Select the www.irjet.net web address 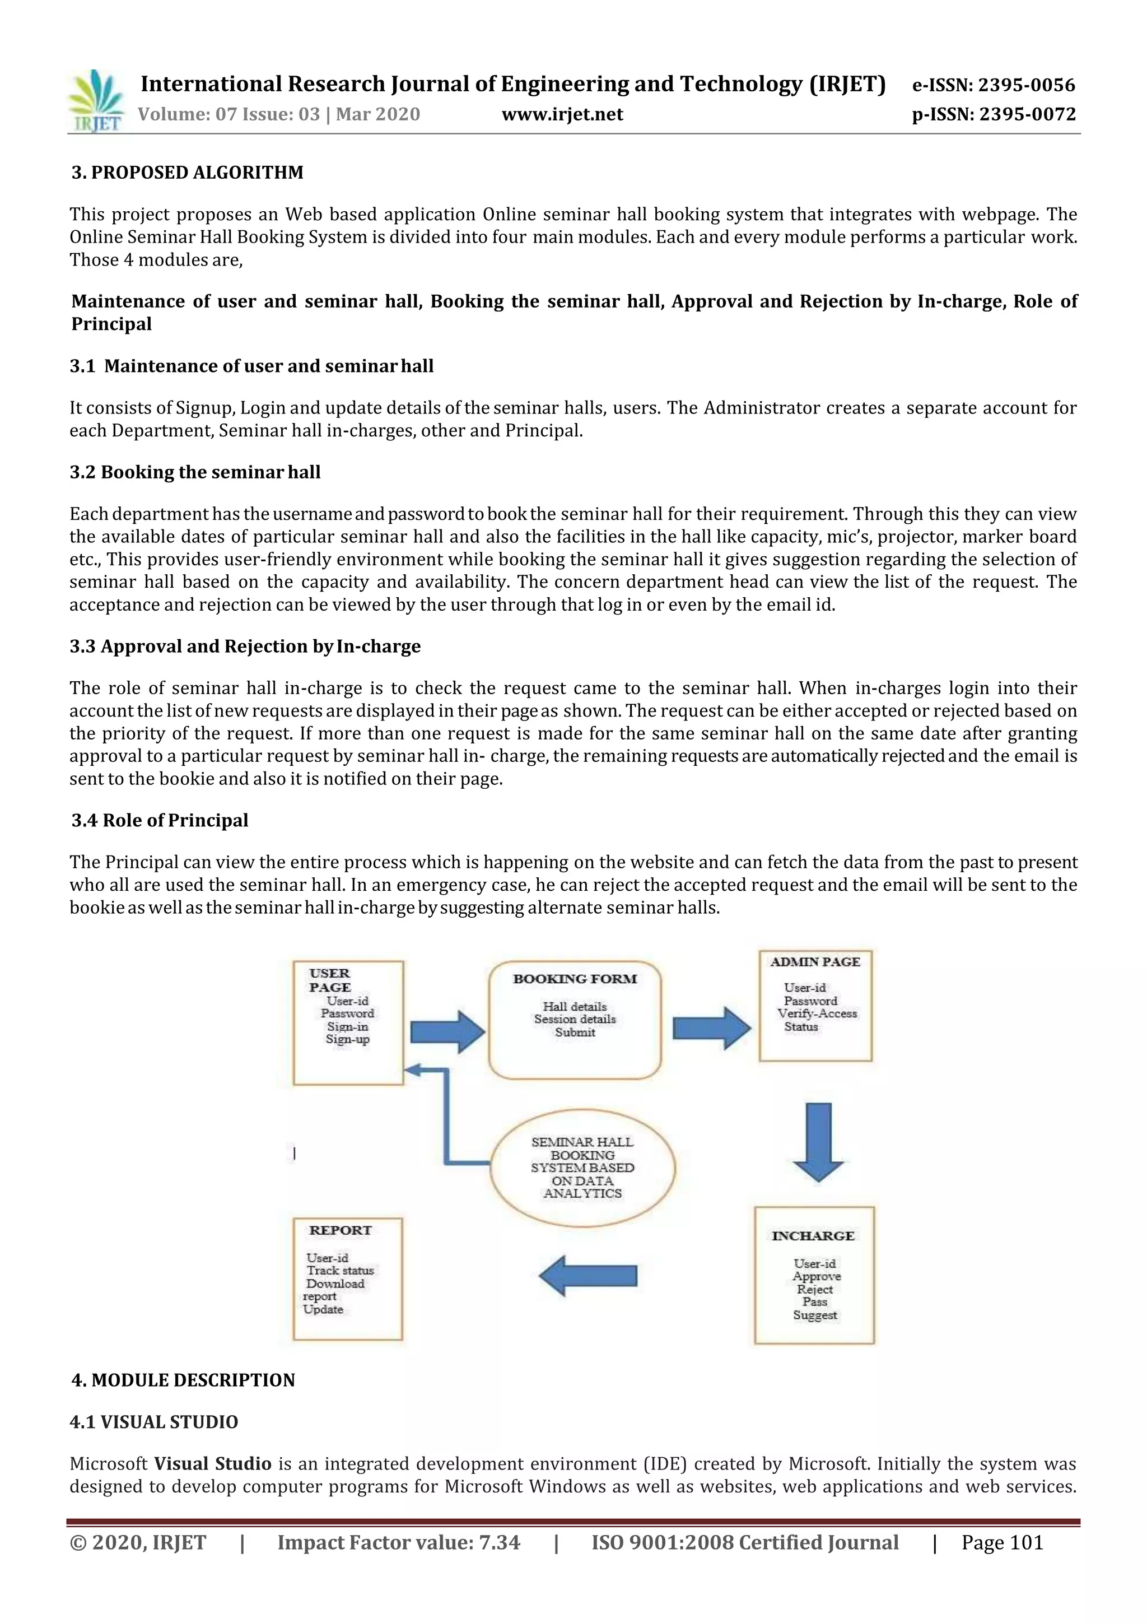pos(562,114)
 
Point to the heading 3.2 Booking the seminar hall pos(195,472)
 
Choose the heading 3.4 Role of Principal pos(160,820)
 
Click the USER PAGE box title pos(329,980)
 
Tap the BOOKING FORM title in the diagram pos(575,979)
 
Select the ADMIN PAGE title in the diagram pos(815,962)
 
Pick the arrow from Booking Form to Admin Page pos(711,1028)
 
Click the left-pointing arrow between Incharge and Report pos(588,1276)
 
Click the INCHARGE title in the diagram pos(813,1236)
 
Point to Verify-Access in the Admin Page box pos(817,1013)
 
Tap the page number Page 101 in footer pos(1002,1542)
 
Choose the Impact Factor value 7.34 pos(499,1542)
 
